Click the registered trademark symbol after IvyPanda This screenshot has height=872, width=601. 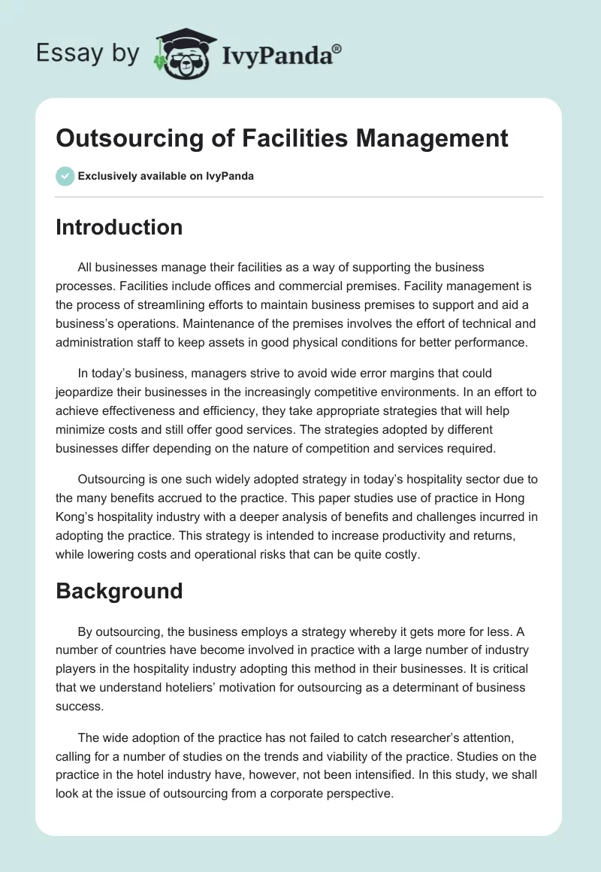337,48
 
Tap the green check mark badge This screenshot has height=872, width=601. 65,176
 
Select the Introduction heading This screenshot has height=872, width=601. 119,227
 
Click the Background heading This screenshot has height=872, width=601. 119,591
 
